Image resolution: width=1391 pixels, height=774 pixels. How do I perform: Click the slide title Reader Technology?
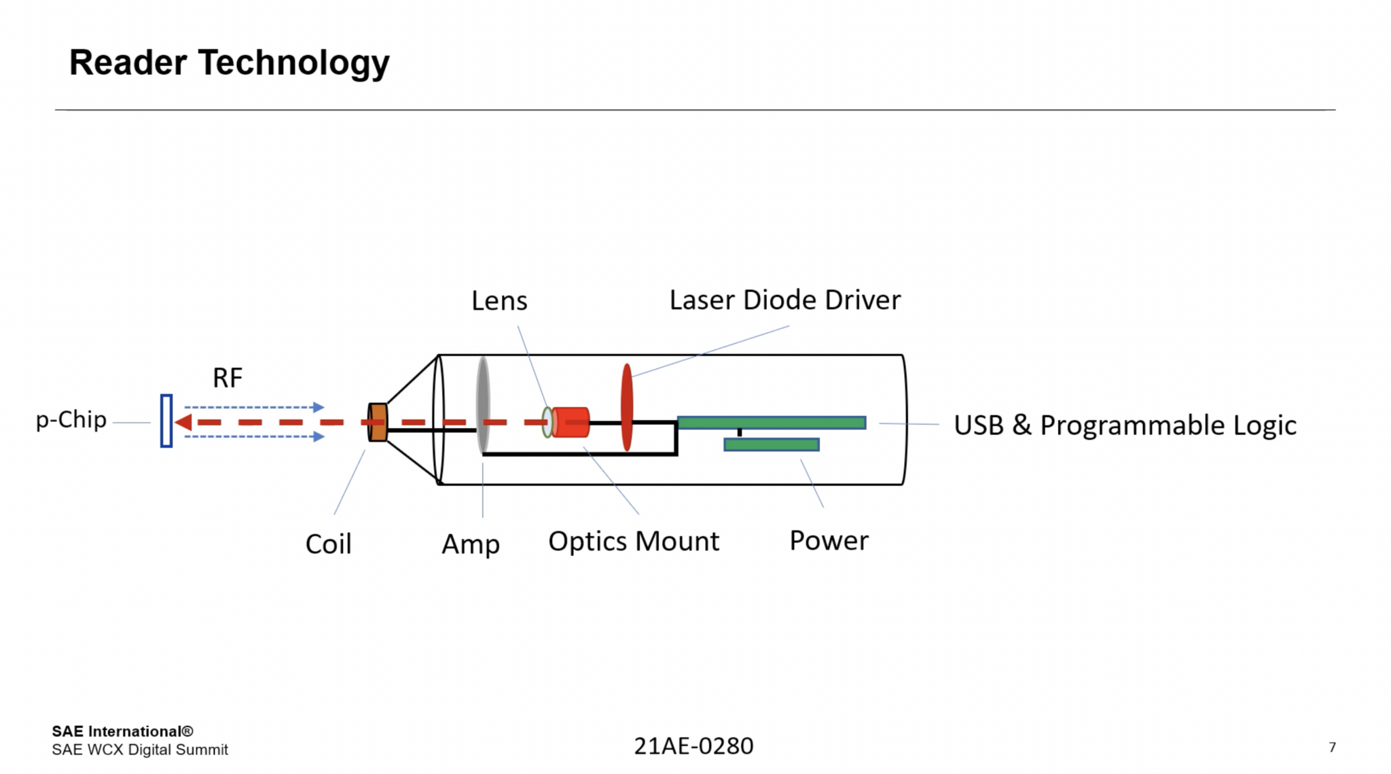(229, 63)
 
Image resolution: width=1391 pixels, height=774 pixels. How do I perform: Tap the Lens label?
(499, 301)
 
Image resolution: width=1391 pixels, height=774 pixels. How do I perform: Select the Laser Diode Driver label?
(784, 300)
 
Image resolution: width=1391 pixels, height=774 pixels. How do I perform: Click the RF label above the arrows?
(228, 378)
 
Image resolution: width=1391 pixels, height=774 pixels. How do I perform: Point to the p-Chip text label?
(71, 420)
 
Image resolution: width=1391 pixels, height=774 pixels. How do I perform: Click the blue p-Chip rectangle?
(166, 421)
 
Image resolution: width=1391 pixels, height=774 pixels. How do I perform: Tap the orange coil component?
(378, 422)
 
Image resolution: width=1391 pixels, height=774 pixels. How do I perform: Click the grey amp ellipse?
(483, 405)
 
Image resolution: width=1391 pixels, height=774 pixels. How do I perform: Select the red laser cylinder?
(571, 422)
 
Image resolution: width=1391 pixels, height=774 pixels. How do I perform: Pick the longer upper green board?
(772, 423)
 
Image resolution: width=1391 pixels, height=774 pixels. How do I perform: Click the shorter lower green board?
(772, 444)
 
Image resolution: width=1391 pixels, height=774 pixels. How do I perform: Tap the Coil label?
(328, 544)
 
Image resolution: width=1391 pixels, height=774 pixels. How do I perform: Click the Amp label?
(471, 544)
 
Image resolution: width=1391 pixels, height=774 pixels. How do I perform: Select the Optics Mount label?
(633, 542)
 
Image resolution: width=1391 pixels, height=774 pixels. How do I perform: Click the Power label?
(829, 541)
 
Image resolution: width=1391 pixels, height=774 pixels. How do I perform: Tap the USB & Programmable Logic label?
(1125, 425)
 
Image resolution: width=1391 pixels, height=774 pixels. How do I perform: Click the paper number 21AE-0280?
(693, 746)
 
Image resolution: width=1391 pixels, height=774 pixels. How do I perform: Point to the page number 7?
(1332, 747)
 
